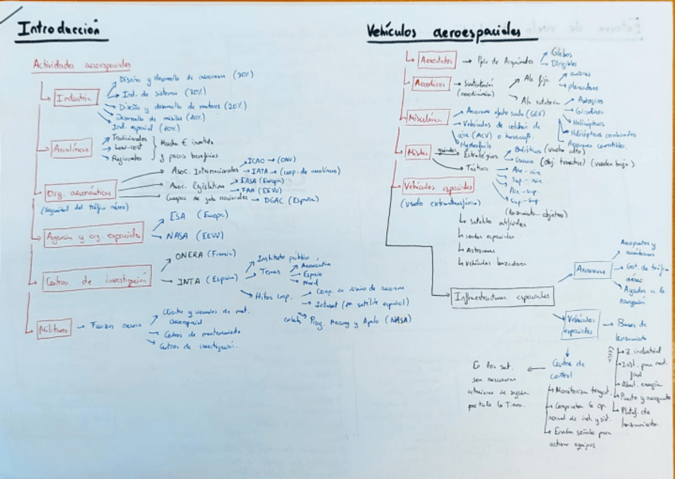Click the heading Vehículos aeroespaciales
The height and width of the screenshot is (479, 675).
(x=443, y=31)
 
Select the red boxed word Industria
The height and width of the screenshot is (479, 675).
(x=76, y=99)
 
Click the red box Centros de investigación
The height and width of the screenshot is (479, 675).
(x=97, y=280)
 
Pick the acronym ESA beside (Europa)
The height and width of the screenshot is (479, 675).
(x=178, y=216)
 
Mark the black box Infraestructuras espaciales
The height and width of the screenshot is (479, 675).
(x=501, y=296)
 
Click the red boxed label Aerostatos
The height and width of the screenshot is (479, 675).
(x=436, y=61)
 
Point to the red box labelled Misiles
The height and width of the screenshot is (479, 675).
(x=418, y=151)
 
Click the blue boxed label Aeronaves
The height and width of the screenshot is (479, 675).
(x=592, y=269)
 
